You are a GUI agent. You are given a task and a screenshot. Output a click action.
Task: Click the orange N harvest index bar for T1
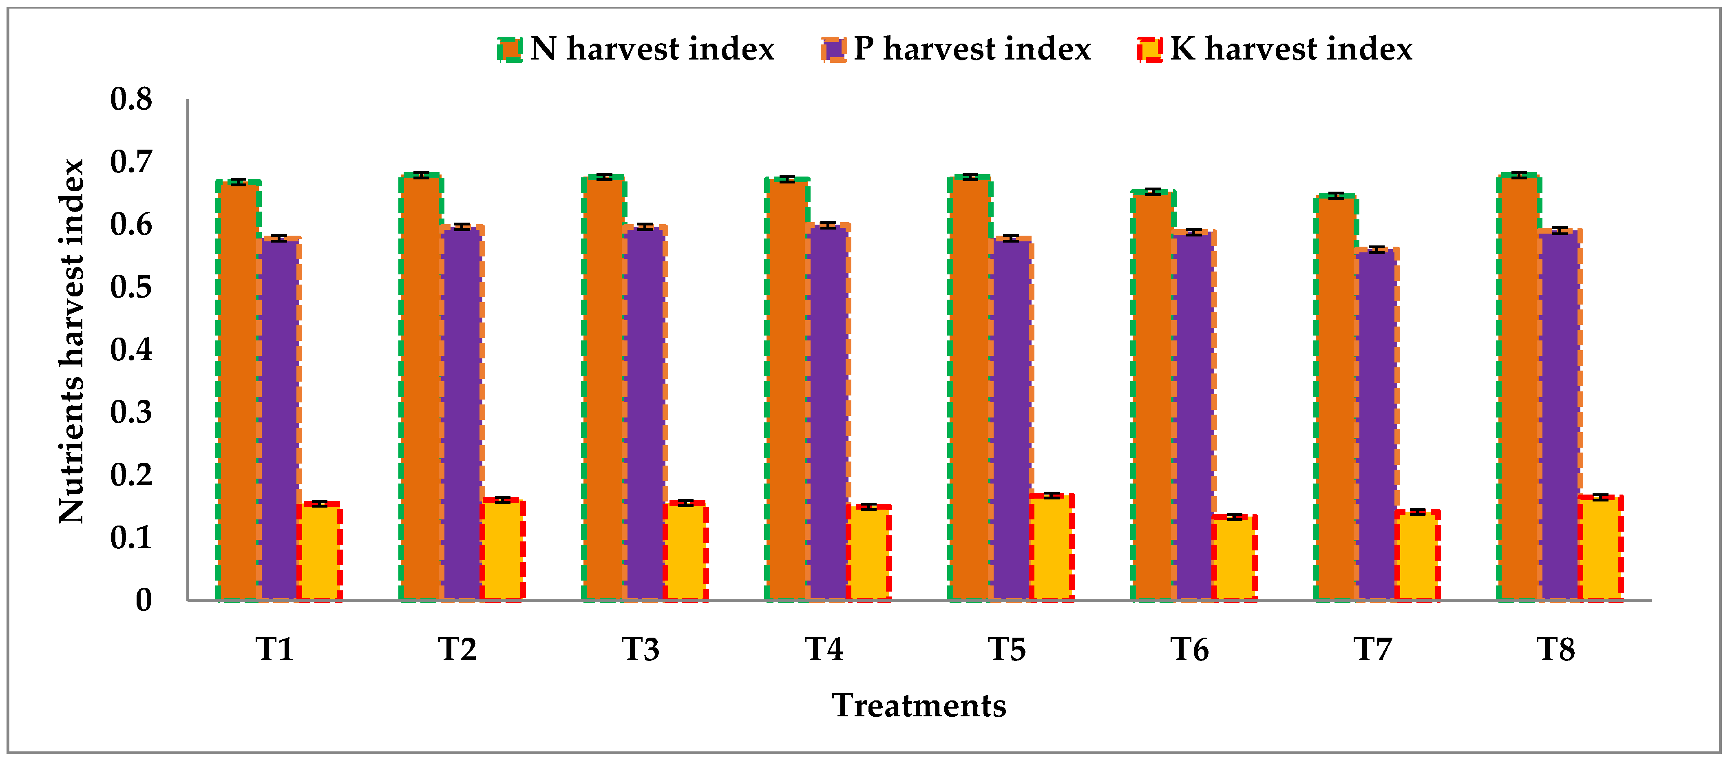pyautogui.click(x=238, y=389)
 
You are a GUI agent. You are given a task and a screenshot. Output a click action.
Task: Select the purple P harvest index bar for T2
pyautogui.click(x=462, y=413)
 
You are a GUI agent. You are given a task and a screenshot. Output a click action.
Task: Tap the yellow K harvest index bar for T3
pyautogui.click(x=685, y=550)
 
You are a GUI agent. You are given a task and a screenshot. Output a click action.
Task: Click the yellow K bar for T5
pyautogui.click(x=1052, y=547)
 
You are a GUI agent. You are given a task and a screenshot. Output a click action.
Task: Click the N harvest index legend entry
pyautogui.click(x=636, y=49)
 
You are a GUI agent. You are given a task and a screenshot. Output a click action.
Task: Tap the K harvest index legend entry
pyautogui.click(x=1275, y=49)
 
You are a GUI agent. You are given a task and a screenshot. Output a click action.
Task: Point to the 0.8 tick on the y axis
pyautogui.click(x=132, y=99)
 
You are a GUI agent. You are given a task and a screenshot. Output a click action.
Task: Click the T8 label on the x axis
pyautogui.click(x=1556, y=649)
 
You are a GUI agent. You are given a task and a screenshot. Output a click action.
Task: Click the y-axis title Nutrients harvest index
pyautogui.click(x=71, y=341)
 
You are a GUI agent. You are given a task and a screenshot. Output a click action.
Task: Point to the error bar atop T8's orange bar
pyautogui.click(x=1519, y=174)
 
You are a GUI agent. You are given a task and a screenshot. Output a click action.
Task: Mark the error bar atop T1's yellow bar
pyautogui.click(x=320, y=504)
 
